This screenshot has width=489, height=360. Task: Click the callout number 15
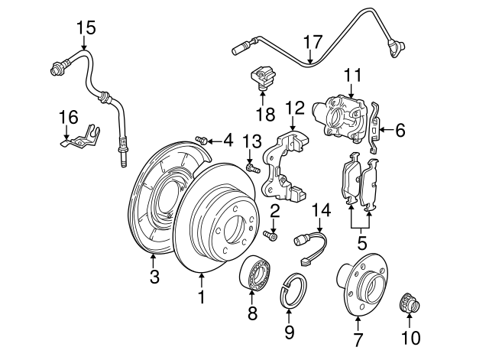86,28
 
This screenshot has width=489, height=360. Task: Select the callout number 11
351,75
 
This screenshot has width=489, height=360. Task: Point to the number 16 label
68,116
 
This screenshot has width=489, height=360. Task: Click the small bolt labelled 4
202,139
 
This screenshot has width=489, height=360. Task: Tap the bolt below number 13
251,167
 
